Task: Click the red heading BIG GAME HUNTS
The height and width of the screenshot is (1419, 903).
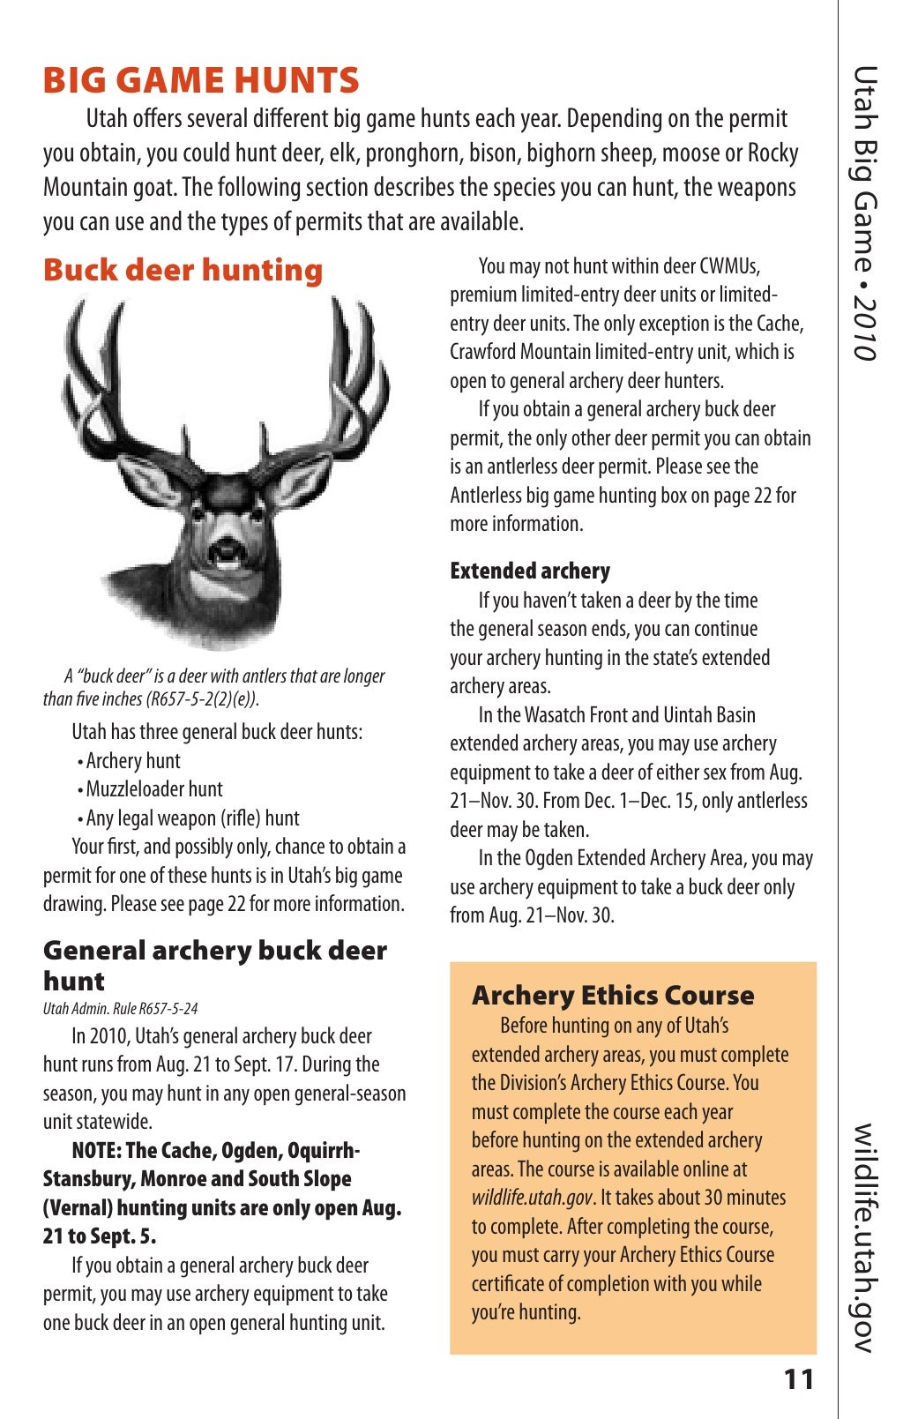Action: tap(201, 80)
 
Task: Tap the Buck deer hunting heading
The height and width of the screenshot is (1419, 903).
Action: tap(183, 270)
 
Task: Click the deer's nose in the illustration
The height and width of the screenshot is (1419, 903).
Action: tap(228, 540)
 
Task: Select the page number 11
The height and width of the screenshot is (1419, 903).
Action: tap(799, 1379)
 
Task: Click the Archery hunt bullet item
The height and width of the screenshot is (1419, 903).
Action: tap(132, 760)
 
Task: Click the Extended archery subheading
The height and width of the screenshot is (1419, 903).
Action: tap(529, 571)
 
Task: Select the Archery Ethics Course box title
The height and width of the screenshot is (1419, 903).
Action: tap(613, 996)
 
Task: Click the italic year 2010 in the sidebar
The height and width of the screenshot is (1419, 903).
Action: tap(865, 327)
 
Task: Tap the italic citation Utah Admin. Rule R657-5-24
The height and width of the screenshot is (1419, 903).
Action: tap(121, 1008)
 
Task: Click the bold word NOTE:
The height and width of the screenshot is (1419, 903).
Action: tap(97, 1151)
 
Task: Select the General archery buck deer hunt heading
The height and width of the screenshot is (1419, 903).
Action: tap(214, 965)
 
